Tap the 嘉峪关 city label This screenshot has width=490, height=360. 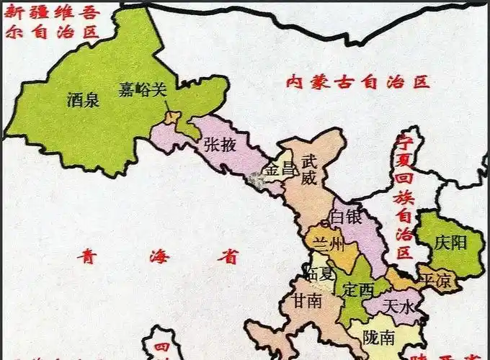(x=143, y=90)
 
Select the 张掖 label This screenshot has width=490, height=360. (x=220, y=145)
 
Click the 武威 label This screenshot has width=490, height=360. (x=309, y=169)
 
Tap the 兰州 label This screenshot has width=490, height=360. (x=328, y=243)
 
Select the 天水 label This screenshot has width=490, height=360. (x=399, y=307)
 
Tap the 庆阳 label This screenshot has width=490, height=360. (x=451, y=243)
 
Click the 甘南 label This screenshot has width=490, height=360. (x=308, y=302)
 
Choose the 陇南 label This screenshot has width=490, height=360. (x=379, y=336)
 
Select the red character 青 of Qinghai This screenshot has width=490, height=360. (x=89, y=255)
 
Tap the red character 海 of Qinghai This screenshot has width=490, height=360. (x=159, y=256)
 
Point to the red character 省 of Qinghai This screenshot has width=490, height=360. (x=229, y=256)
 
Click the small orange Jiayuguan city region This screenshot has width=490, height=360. (x=171, y=117)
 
